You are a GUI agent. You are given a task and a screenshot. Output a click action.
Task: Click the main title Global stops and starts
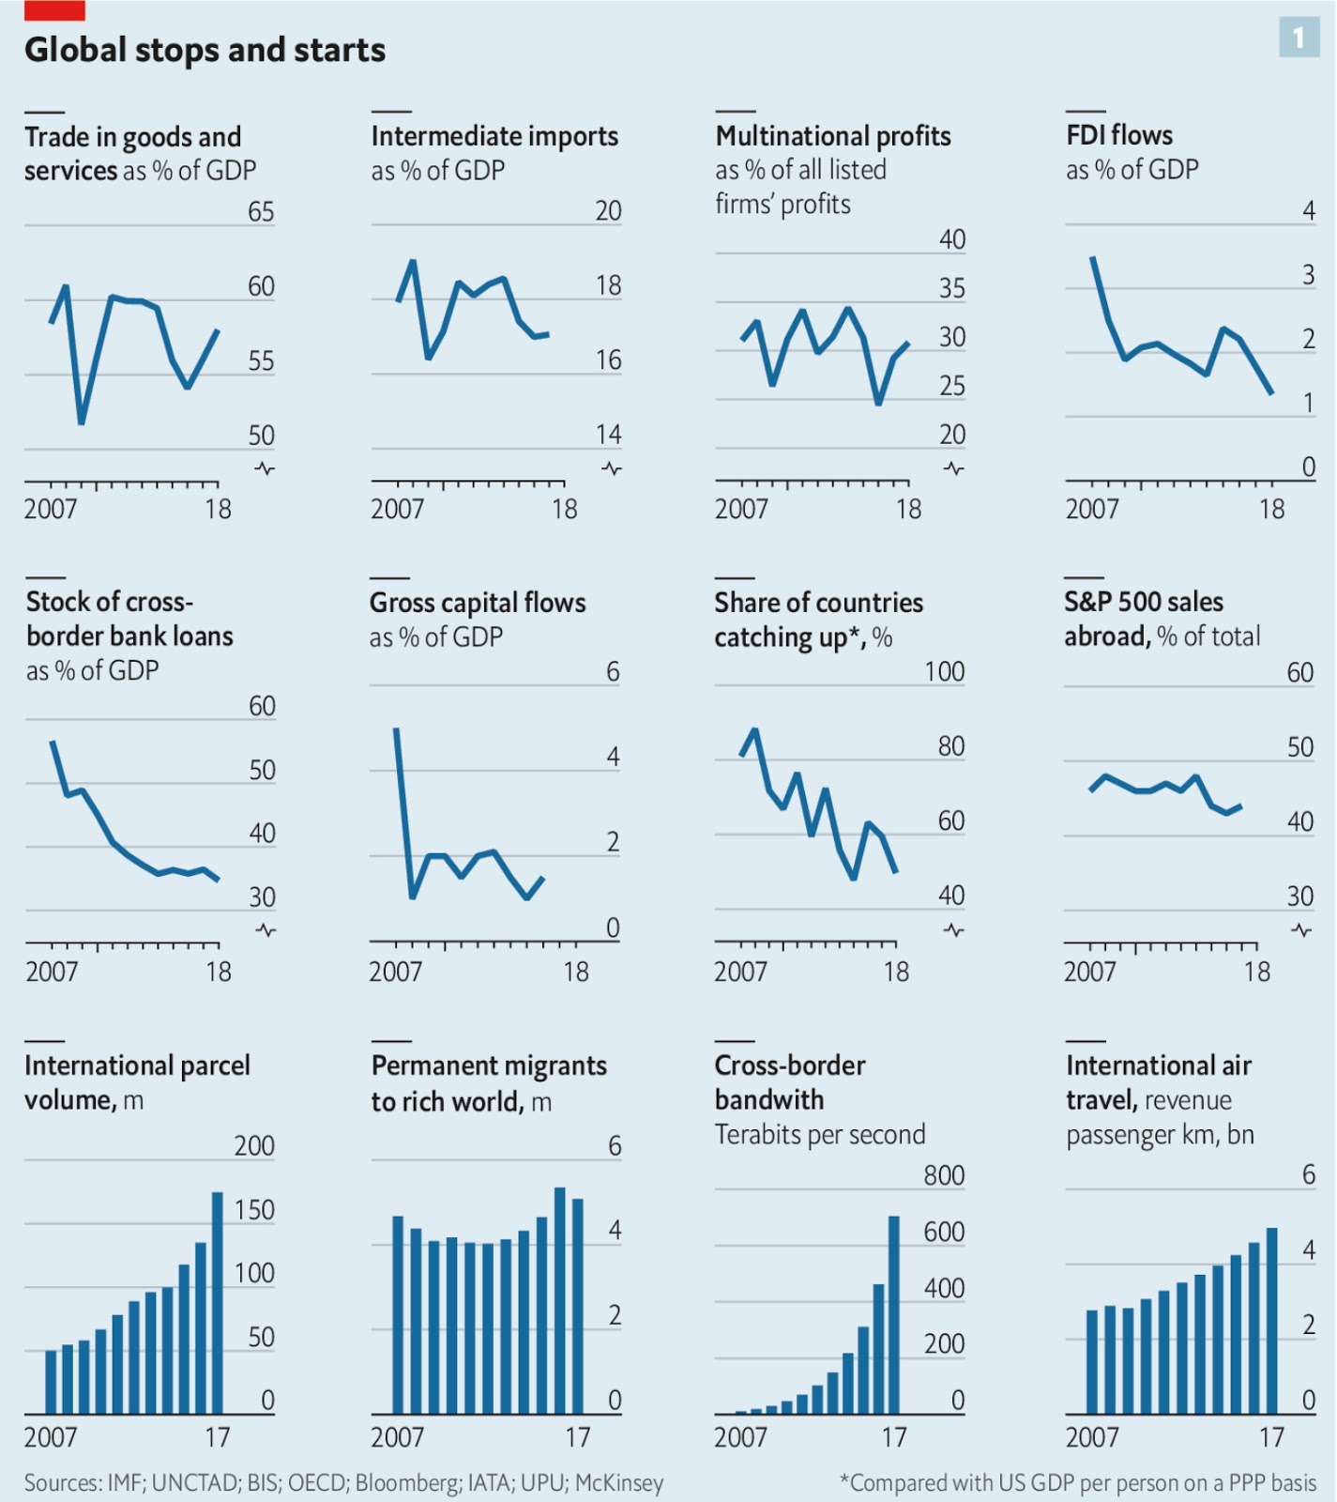coord(205,50)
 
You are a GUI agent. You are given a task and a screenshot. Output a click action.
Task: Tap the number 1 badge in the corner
coord(1299,38)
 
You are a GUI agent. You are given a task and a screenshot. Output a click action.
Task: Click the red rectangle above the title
coord(54,10)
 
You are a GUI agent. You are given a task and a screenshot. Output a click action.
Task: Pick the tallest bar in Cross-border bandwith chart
coord(893,1314)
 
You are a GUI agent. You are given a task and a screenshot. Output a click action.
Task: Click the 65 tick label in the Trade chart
coord(261,211)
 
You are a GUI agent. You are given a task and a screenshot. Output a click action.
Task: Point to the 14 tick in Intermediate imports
coord(608,435)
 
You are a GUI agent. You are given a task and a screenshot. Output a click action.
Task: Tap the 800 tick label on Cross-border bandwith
coord(943,1175)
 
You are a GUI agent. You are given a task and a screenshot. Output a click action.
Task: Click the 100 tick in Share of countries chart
coord(944,672)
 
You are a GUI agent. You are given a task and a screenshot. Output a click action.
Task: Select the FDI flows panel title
coord(1119,135)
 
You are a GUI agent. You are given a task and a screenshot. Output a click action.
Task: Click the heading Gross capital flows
coord(478,603)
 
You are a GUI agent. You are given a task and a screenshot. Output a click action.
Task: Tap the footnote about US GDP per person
coord(1078,1483)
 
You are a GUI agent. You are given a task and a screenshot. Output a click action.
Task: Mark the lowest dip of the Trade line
coord(82,422)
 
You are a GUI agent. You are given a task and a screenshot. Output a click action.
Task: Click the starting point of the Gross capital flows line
coord(396,728)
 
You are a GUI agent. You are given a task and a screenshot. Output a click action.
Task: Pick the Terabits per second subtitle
coord(820,1135)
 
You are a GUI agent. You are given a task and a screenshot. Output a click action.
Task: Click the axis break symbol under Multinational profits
coord(953,467)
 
